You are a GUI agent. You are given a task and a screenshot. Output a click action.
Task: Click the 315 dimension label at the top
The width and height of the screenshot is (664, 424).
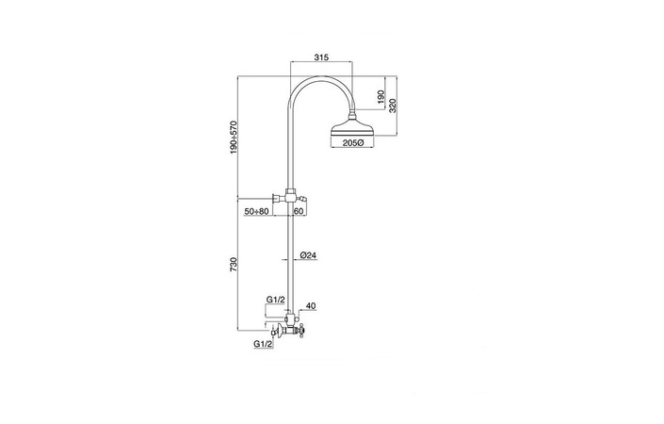321,57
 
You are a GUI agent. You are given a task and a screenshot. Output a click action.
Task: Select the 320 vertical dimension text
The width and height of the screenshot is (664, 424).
392,106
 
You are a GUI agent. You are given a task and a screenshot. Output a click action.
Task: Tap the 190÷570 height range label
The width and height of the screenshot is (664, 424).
235,138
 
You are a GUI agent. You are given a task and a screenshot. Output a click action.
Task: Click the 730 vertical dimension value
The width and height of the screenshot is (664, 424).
235,264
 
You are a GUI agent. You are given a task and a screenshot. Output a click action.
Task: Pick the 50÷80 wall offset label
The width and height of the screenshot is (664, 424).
256,211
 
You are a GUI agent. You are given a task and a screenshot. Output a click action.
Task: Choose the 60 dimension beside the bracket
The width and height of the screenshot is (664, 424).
299,211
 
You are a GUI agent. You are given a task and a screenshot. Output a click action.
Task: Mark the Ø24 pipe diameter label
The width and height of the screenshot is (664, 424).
308,255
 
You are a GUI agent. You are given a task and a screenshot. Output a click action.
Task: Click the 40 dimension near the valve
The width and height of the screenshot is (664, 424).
311,305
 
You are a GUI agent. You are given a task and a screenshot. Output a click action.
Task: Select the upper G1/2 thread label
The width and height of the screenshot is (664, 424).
275,300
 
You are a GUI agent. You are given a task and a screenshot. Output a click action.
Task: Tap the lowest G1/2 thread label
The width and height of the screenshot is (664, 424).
263,344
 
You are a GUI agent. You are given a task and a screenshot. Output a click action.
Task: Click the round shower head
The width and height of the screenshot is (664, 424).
352,128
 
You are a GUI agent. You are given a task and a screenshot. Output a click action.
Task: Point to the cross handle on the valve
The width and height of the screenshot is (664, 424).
301,329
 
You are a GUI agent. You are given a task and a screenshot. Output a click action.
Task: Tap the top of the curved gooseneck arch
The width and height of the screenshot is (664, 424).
321,77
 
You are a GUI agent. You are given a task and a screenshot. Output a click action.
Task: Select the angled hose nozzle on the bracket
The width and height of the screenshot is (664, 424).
301,198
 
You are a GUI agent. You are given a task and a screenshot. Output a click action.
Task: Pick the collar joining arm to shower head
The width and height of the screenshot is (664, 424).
352,115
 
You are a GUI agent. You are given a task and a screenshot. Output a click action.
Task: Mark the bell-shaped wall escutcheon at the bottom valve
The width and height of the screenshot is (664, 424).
278,329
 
